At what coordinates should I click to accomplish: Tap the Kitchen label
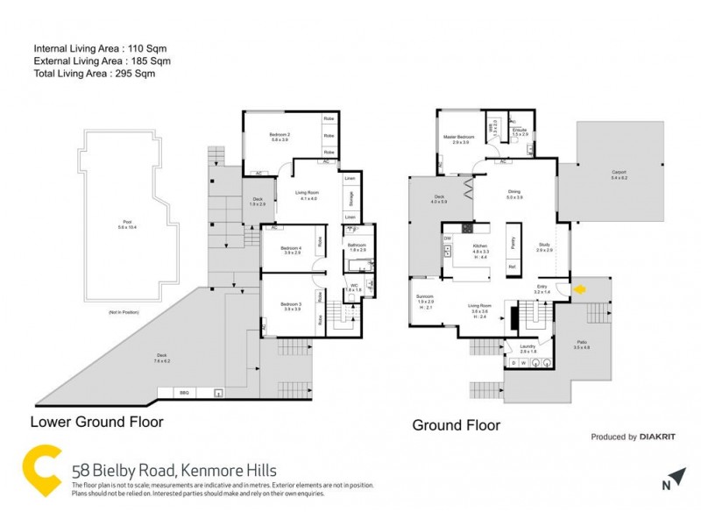click(480, 248)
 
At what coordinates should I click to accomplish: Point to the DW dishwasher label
click(447, 238)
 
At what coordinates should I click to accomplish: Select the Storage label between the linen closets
click(350, 197)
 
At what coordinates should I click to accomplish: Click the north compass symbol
click(668, 482)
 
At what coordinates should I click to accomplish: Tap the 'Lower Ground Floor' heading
click(96, 422)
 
